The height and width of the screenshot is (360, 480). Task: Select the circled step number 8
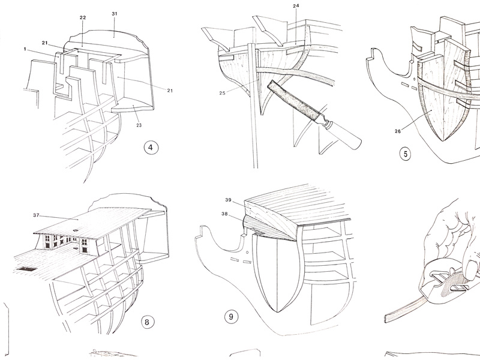pyautogui.click(x=147, y=322)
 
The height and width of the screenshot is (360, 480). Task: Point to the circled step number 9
pyautogui.click(x=229, y=314)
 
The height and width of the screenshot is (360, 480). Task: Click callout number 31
pyautogui.click(x=114, y=13)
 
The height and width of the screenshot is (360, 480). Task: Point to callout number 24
pyautogui.click(x=295, y=6)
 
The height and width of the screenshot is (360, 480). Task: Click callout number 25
pyautogui.click(x=222, y=92)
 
